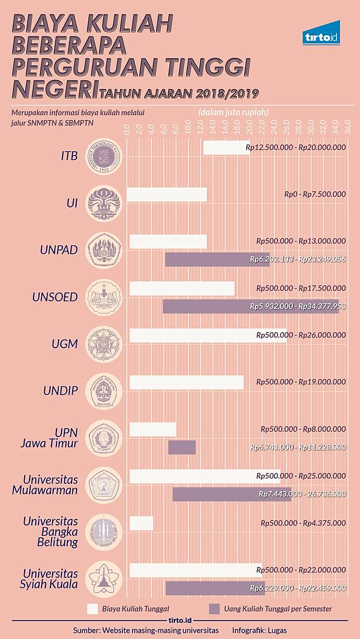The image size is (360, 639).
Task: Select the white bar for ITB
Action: (x=226, y=148)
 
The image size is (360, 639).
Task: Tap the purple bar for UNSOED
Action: (x=250, y=306)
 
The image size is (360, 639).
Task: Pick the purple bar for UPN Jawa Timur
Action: (x=182, y=447)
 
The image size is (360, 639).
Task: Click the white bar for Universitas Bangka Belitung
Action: (x=141, y=523)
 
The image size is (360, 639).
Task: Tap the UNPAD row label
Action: (x=59, y=250)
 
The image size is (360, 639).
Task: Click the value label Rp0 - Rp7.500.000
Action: (x=315, y=194)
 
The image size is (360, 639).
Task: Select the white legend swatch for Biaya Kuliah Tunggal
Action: (x=93, y=609)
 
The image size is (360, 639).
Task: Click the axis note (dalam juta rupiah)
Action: (x=233, y=112)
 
